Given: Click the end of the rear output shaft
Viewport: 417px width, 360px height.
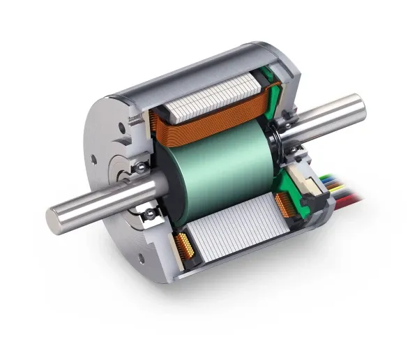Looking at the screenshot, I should point(357,106).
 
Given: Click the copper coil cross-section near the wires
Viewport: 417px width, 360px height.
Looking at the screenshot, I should point(285,204).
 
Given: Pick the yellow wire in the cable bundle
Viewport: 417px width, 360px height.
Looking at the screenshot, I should point(335,183).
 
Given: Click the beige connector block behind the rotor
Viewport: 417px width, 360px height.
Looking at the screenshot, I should point(307,179).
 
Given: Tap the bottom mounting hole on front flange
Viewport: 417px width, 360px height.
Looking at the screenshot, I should point(142,259).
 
